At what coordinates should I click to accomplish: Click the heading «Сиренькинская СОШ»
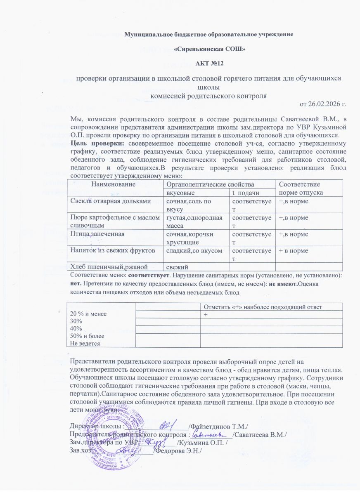point(210,49)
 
